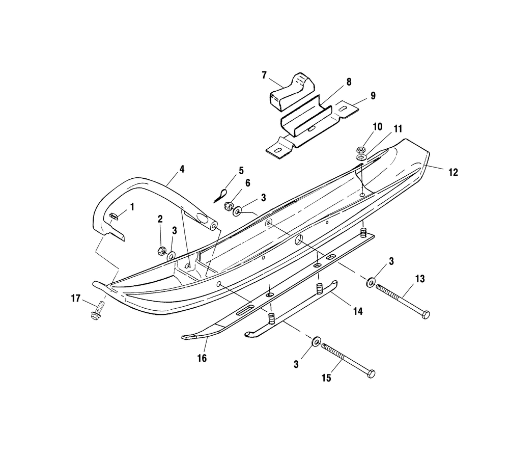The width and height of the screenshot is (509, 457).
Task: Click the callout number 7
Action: pos(264,75)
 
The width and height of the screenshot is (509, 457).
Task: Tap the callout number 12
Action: pos(453,172)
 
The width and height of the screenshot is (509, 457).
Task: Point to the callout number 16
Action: pos(202,358)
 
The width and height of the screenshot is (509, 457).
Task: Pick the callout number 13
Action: pos(420,279)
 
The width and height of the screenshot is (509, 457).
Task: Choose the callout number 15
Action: pos(326,378)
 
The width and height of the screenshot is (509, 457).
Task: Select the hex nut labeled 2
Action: pos(160,251)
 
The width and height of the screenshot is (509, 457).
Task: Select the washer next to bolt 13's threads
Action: pos(371,281)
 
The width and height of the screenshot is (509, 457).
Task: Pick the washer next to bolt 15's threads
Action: pos(316,341)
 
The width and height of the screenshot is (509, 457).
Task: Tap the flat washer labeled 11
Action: pos(361,157)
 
